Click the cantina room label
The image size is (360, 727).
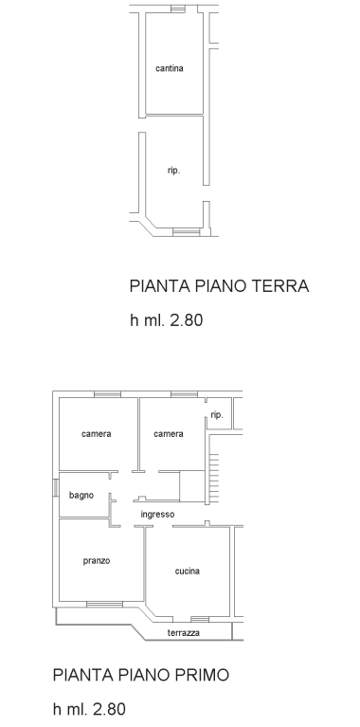170,68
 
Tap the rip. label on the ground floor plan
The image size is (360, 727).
173,171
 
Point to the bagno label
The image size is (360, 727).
81,495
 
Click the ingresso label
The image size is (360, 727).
157,515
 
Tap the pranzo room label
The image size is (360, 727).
97,560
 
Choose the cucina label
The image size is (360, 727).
188,571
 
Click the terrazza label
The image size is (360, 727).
183,633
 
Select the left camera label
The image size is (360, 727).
97,434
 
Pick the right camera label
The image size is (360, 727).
169,434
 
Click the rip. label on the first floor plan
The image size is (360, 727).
217,415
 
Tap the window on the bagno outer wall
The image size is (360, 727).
55,493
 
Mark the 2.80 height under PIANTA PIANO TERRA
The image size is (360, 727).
185,320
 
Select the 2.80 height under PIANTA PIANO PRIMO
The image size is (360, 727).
106,709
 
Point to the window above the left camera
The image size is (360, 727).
107,393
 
